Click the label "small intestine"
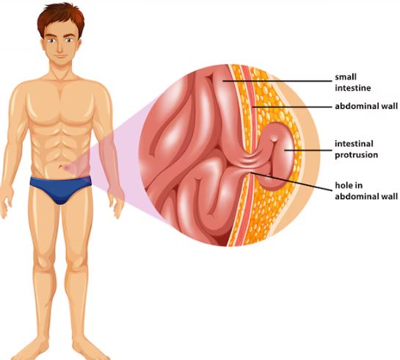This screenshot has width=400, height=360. [353, 82]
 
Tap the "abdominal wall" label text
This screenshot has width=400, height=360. [366, 106]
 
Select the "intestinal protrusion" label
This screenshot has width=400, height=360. [356, 149]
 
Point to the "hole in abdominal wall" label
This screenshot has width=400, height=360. [366, 191]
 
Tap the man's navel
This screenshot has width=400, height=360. [61, 168]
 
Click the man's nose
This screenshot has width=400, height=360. [60, 48]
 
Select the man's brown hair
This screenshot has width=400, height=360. [61, 19]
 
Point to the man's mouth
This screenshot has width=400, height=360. [60, 56]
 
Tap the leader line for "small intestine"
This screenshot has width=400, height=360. [277, 82]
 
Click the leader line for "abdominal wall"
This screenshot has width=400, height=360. [292, 107]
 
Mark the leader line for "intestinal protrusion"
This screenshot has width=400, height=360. [308, 151]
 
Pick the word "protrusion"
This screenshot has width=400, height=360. [356, 155]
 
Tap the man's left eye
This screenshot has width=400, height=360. [69, 40]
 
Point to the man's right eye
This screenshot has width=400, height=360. [52, 40]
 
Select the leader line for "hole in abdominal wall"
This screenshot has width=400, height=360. [291, 181]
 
